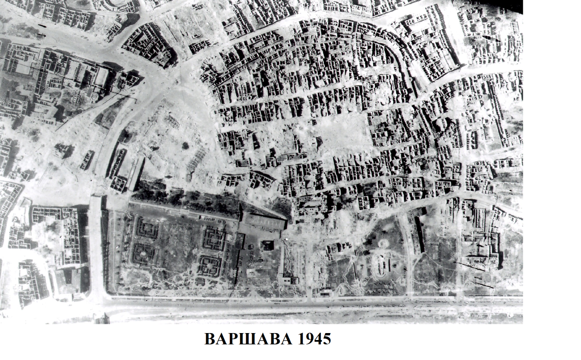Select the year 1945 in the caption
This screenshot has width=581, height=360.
(313, 339)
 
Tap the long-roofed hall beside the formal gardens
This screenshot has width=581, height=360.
(263, 222)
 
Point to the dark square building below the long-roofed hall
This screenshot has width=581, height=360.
(267, 245)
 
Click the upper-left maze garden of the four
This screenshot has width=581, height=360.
(146, 228)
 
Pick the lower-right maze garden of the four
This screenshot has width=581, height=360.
(209, 265)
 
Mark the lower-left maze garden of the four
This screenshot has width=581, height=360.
(144, 254)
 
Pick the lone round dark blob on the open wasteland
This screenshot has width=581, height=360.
(185, 145)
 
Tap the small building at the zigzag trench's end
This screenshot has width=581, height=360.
(291, 280)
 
